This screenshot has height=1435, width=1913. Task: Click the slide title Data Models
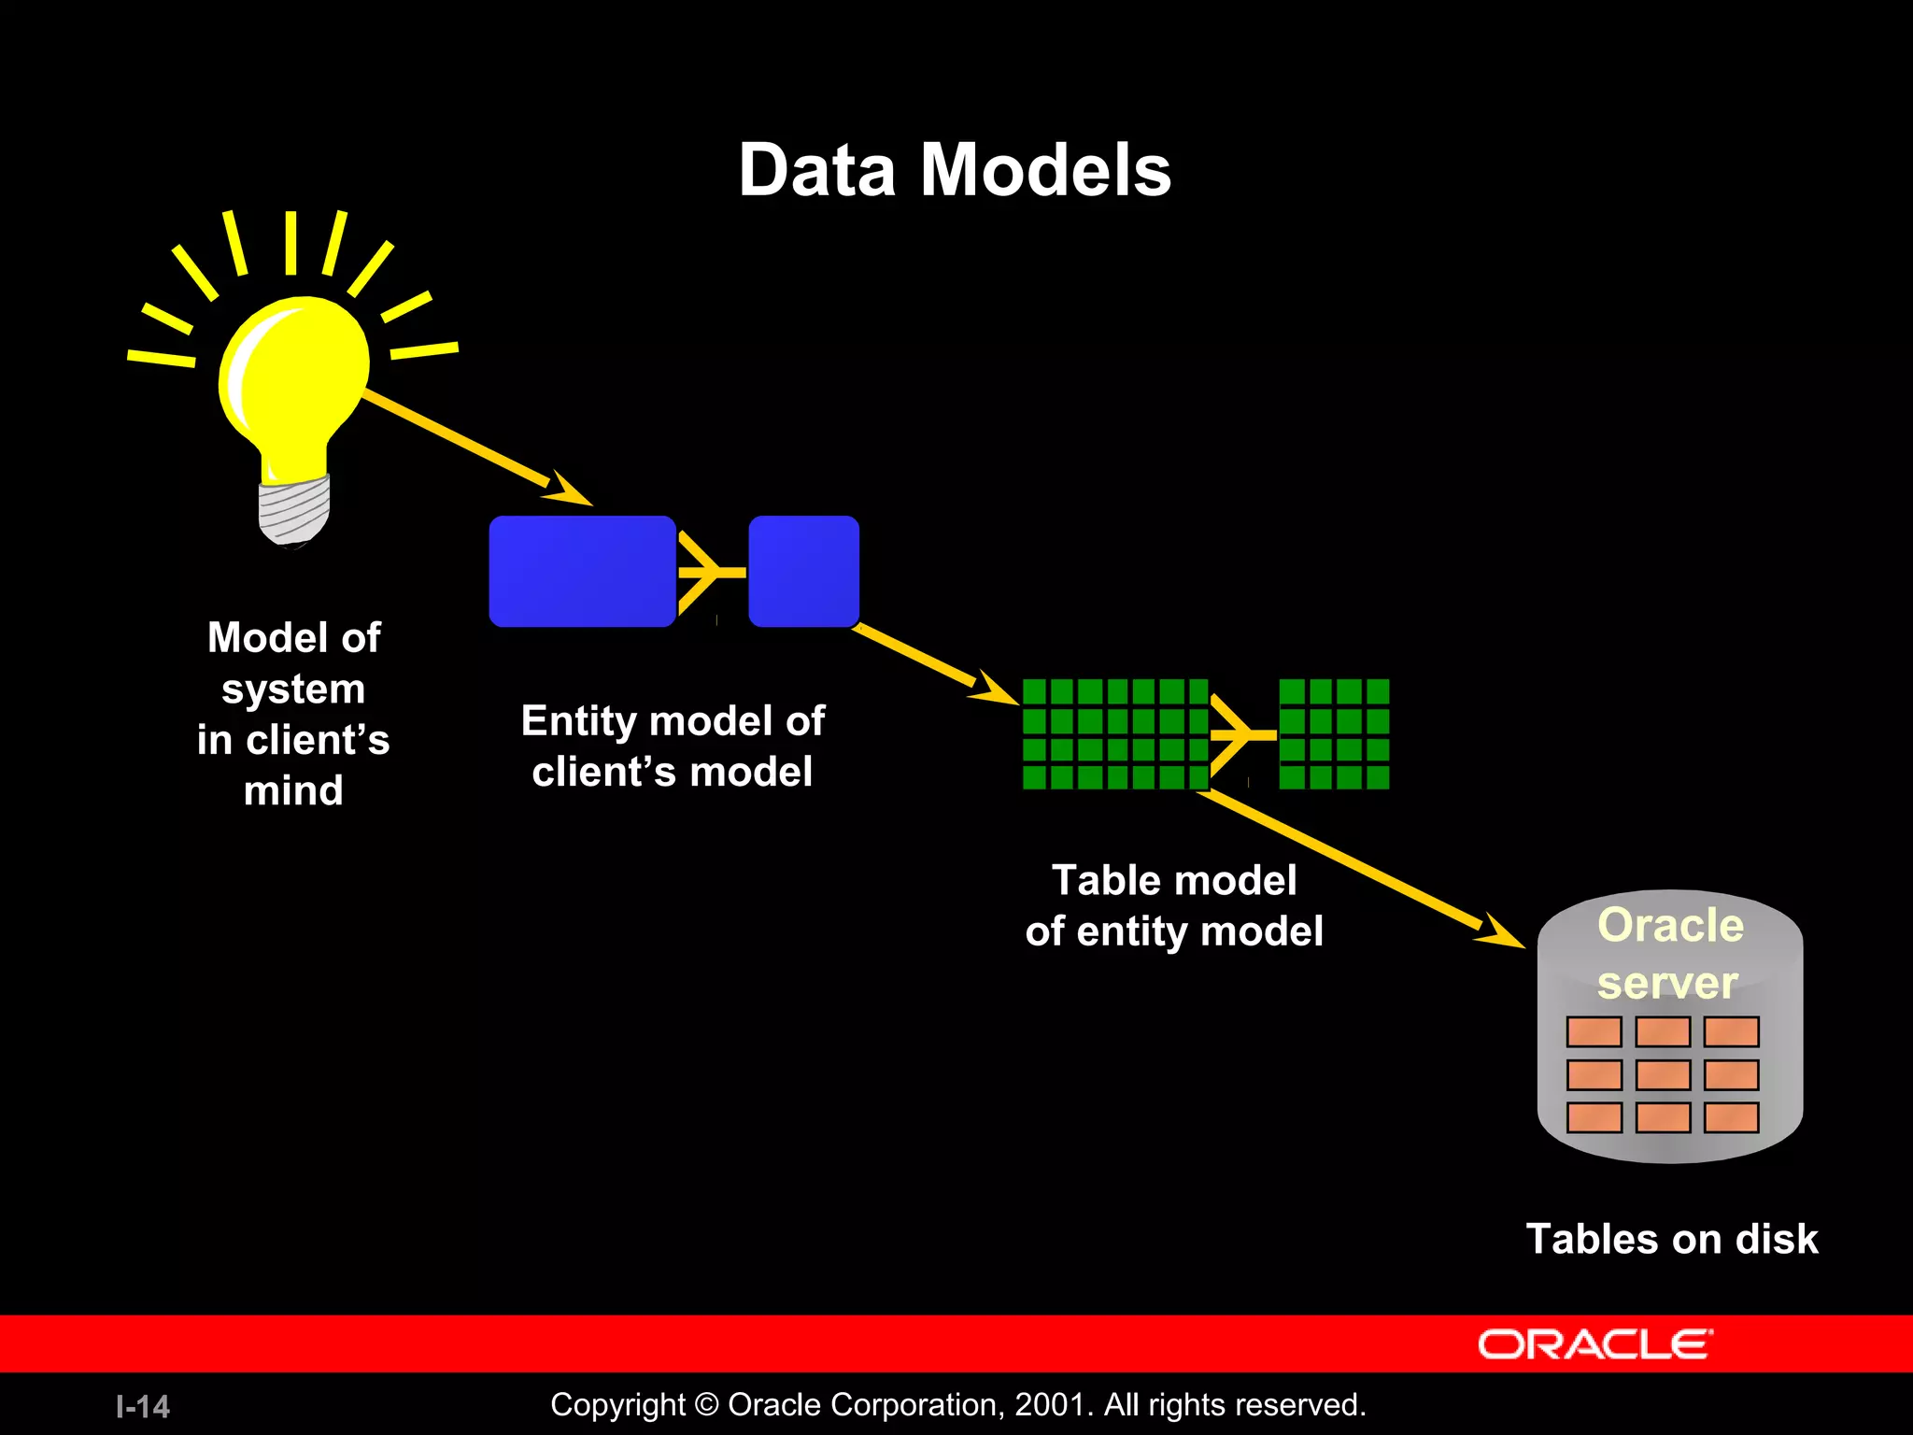[x=955, y=170]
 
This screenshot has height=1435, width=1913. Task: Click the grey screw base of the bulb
[x=294, y=509]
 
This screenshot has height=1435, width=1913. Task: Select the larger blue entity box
[x=582, y=571]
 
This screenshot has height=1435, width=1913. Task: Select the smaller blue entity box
[x=803, y=571]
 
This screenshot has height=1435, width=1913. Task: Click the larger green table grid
[x=1114, y=734]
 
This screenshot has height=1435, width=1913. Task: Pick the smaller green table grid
[x=1333, y=734]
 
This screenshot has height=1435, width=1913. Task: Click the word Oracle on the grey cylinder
[x=1670, y=926]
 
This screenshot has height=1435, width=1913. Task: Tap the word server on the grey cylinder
[x=1667, y=983]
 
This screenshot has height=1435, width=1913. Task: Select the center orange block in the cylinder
[x=1663, y=1074]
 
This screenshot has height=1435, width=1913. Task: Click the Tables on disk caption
[x=1671, y=1239]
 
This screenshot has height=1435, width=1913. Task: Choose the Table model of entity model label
[x=1174, y=905]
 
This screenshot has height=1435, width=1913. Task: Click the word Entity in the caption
[x=578, y=721]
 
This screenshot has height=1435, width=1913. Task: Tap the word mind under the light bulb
[x=293, y=790]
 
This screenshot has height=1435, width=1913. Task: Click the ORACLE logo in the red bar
[x=1594, y=1344]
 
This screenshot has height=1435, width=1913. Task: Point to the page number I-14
[x=143, y=1406]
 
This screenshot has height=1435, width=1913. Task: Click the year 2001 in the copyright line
[x=1049, y=1404]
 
